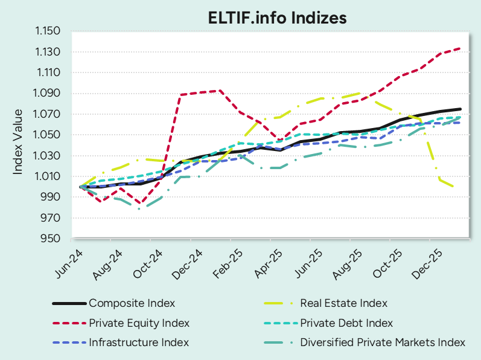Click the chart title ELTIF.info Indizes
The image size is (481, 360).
[278, 18]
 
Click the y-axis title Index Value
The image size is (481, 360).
[18, 142]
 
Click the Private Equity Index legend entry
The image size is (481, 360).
[139, 323]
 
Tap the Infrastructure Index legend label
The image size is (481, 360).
[139, 342]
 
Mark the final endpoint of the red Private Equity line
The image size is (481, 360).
[460, 48]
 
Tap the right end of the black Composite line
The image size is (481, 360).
[460, 109]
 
